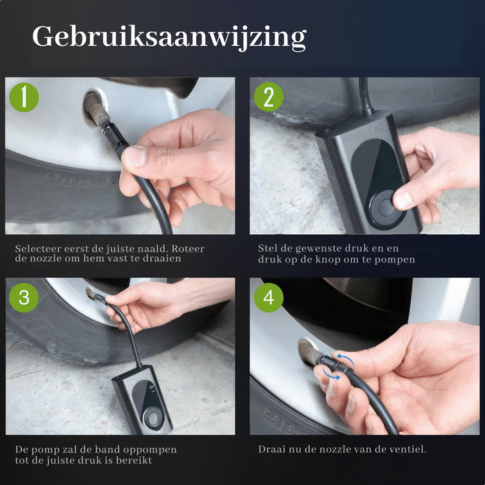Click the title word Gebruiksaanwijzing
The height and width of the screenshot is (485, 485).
coord(168,36)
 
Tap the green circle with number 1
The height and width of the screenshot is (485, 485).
coord(24,97)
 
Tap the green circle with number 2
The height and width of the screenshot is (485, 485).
coord(269,97)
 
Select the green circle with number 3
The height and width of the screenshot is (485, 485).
coord(24,298)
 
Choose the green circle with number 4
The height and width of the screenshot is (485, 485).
coord(269,298)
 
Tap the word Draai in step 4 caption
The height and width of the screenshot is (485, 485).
coord(272,449)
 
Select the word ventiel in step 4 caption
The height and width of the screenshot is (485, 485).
coord(406,449)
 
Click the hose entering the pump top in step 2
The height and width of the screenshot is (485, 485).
coord(364,97)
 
